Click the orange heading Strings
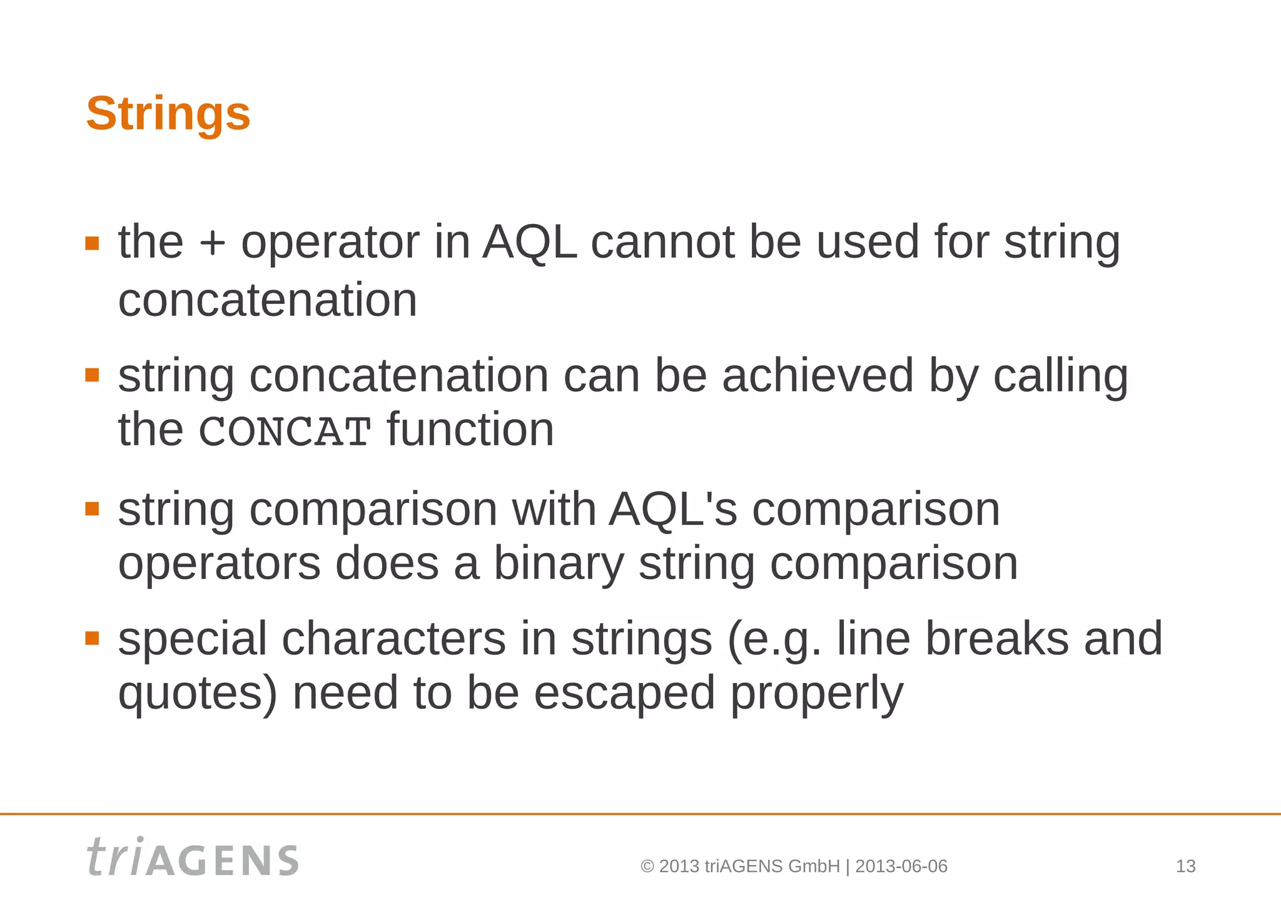pyautogui.click(x=168, y=114)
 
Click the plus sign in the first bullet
pyautogui.click(x=212, y=243)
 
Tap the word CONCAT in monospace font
pyautogui.click(x=285, y=432)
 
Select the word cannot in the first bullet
pyautogui.click(x=662, y=242)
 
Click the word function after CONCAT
pyautogui.click(x=470, y=430)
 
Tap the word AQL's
pyautogui.click(x=673, y=509)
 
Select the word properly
pyautogui.click(x=816, y=694)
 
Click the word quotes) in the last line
pyautogui.click(x=197, y=694)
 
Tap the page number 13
pyautogui.click(x=1185, y=866)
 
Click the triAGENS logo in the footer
pyautogui.click(x=193, y=858)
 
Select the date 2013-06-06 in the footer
pyautogui.click(x=901, y=866)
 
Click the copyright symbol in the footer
pyautogui.click(x=647, y=867)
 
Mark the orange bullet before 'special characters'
pyautogui.click(x=93, y=638)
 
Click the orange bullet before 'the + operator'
pyautogui.click(x=93, y=243)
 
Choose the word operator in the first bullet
pyautogui.click(x=330, y=243)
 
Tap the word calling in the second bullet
pyautogui.click(x=1061, y=377)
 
